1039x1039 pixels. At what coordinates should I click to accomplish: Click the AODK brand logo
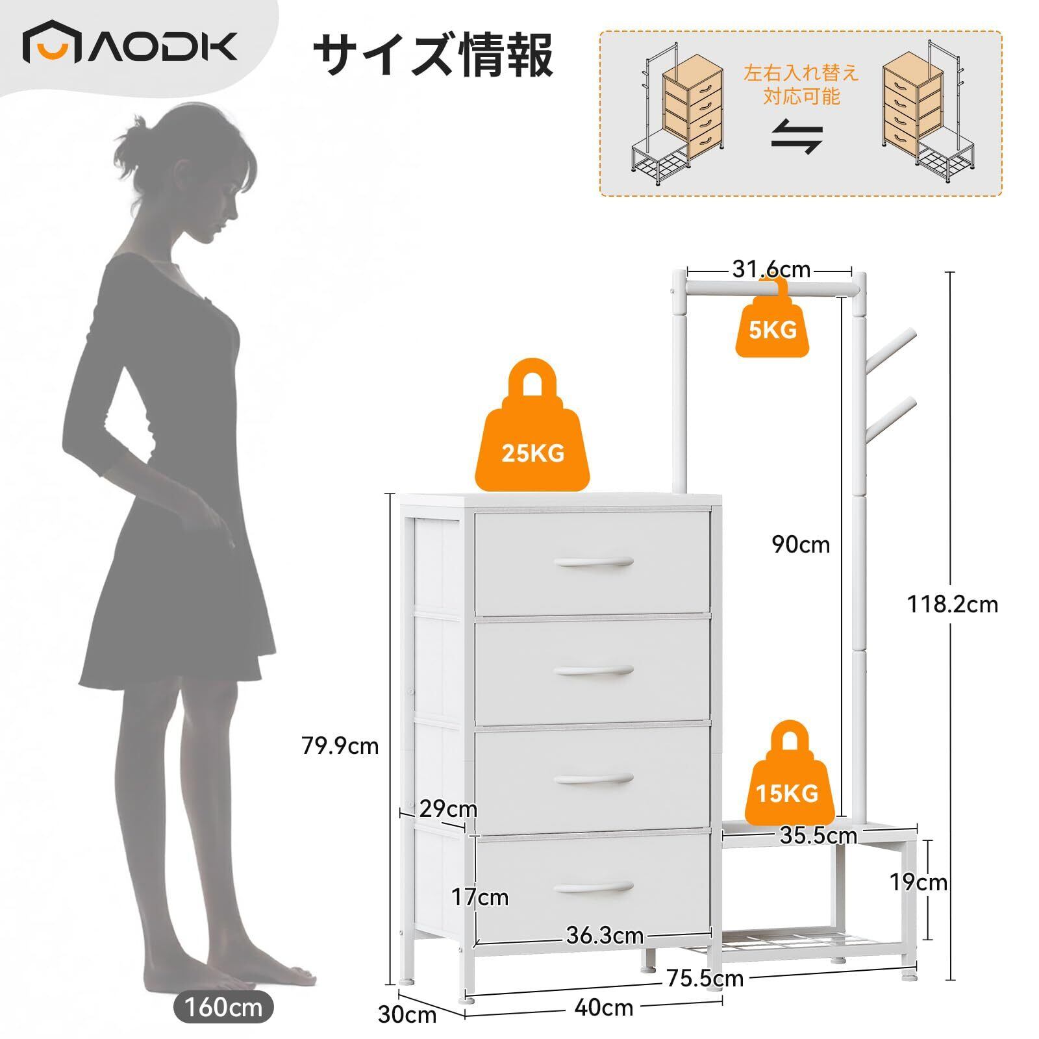130,47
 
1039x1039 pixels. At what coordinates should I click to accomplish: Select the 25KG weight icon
532,435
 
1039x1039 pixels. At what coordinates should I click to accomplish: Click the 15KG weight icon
787,779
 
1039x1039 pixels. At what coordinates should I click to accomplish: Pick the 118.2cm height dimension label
952,605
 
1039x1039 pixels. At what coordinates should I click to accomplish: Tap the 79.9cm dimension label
340,746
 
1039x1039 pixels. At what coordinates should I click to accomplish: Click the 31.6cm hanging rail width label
771,269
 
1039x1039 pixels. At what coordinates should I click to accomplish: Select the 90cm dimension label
801,544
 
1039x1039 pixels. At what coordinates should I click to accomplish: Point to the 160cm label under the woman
223,1008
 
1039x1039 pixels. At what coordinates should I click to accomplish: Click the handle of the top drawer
594,562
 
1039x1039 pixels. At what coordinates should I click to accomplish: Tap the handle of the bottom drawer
594,888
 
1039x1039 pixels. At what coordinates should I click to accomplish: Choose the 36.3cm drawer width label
605,936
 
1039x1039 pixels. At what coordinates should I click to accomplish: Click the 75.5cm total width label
705,978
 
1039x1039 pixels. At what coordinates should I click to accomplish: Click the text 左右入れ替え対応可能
801,84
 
